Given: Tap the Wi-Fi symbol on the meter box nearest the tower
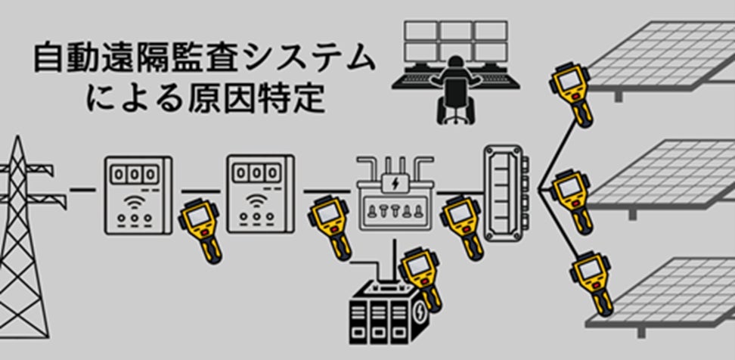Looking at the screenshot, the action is (x=137, y=203).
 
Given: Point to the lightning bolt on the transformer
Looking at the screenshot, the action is (x=394, y=184).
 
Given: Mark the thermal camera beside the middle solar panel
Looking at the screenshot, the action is (x=573, y=201).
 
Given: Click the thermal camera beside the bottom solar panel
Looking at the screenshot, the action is (x=591, y=284).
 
